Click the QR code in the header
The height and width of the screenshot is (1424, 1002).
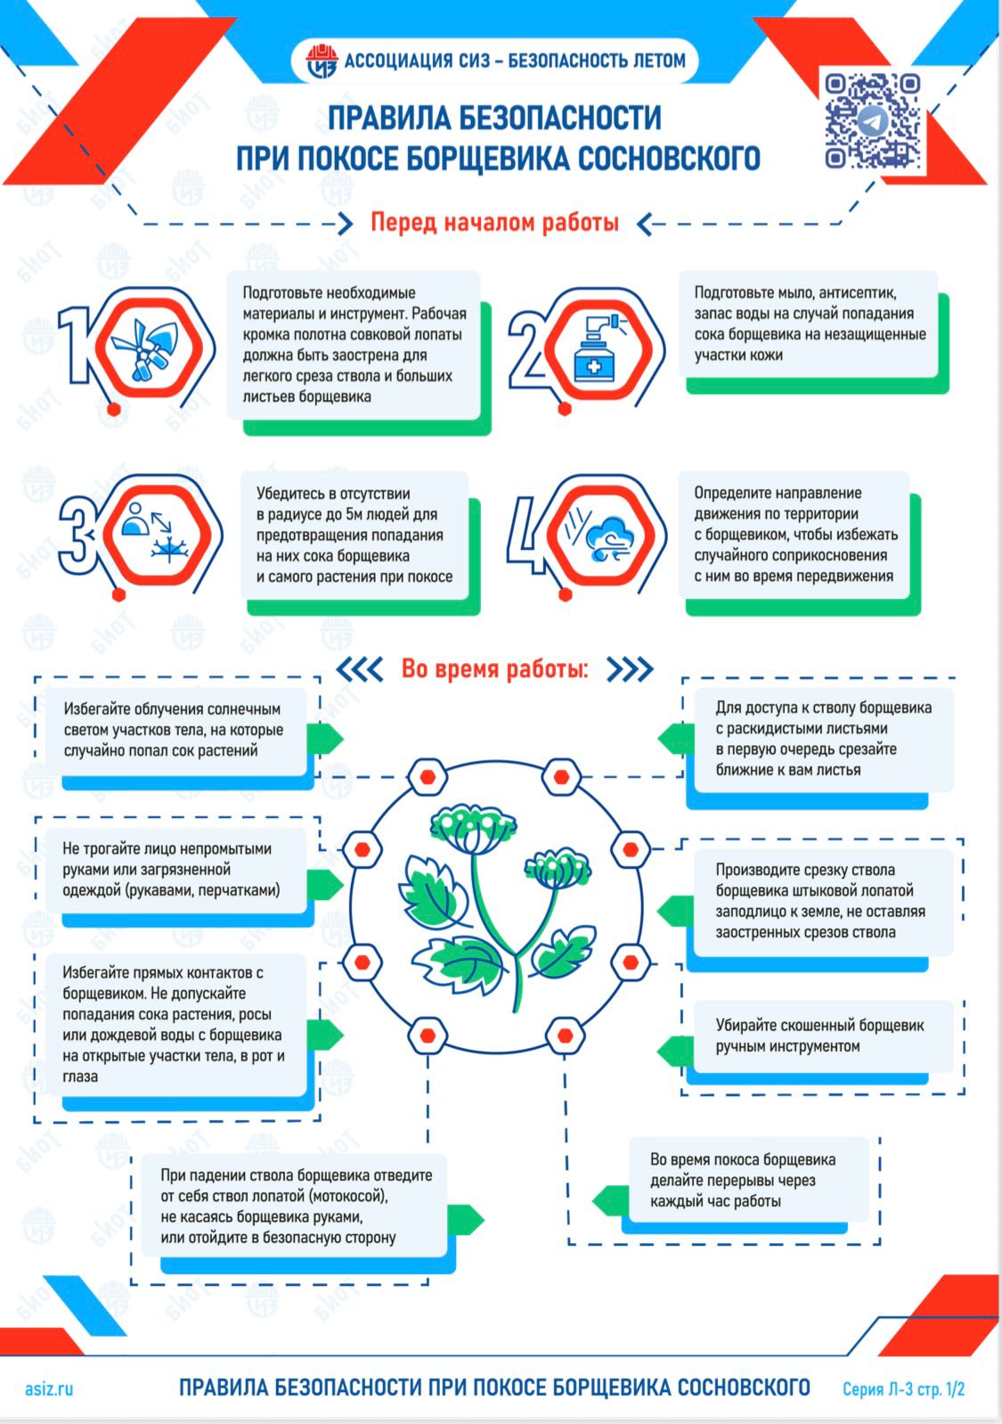pyautogui.click(x=872, y=121)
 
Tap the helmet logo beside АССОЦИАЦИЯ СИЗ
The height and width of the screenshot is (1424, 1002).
pyautogui.click(x=322, y=61)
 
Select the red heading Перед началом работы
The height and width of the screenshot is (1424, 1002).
pyautogui.click(x=494, y=223)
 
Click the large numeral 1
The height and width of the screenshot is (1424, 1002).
pyautogui.click(x=76, y=345)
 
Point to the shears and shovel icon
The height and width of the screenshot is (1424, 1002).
pyautogui.click(x=151, y=349)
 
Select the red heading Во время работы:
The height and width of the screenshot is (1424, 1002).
pyautogui.click(x=495, y=668)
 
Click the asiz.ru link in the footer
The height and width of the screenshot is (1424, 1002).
pyautogui.click(x=49, y=1388)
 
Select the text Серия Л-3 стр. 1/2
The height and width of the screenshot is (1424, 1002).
pyautogui.click(x=903, y=1389)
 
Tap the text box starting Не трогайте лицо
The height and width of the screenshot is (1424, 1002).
pyautogui.click(x=176, y=870)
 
